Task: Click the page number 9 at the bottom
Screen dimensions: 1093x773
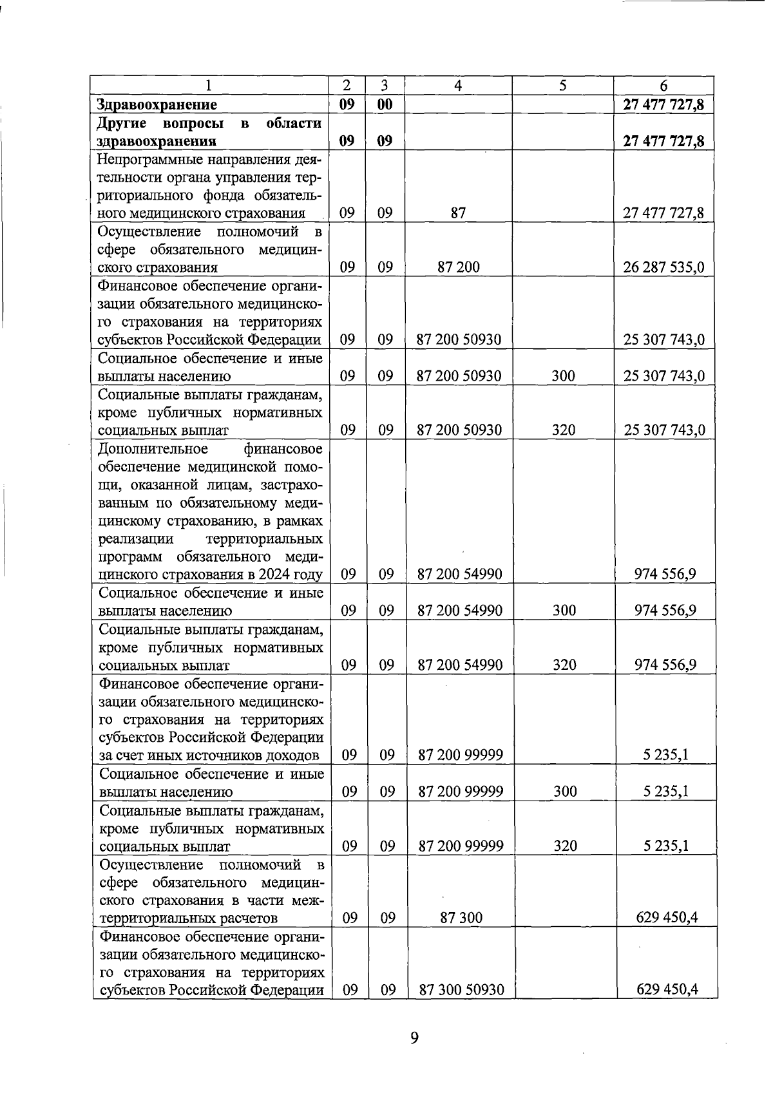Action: coord(414,1037)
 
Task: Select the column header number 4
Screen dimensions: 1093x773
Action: coord(458,86)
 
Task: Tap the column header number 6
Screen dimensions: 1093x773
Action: coord(663,86)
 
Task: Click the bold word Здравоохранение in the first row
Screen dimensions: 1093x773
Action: coord(157,104)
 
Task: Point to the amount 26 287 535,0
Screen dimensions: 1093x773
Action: coord(663,267)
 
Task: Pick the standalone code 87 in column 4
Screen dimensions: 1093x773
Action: coord(458,213)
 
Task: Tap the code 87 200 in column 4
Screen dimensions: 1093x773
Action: coord(458,267)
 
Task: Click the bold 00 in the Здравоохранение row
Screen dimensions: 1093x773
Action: coord(385,104)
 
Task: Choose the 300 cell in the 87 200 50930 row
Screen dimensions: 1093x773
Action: coord(563,375)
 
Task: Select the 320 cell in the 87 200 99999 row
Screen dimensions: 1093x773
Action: coord(565,846)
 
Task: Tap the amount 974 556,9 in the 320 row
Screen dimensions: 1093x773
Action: coord(665,665)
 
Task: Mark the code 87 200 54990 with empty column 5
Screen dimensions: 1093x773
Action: coord(460,575)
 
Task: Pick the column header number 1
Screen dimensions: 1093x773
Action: coord(208,86)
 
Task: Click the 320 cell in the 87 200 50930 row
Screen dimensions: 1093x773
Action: coord(563,430)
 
